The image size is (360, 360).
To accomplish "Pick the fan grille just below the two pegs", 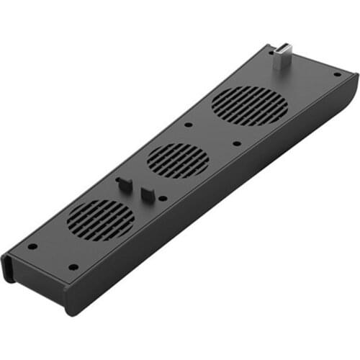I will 101,220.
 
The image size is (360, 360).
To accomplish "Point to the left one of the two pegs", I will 122,184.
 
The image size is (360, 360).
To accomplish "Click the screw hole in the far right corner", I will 337,73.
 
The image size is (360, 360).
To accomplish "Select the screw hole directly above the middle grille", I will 188,125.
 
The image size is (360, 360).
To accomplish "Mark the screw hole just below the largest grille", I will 237,143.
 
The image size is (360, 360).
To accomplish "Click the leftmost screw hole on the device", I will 32,246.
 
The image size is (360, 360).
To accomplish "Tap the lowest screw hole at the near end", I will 73,267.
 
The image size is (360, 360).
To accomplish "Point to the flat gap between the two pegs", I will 135,189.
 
